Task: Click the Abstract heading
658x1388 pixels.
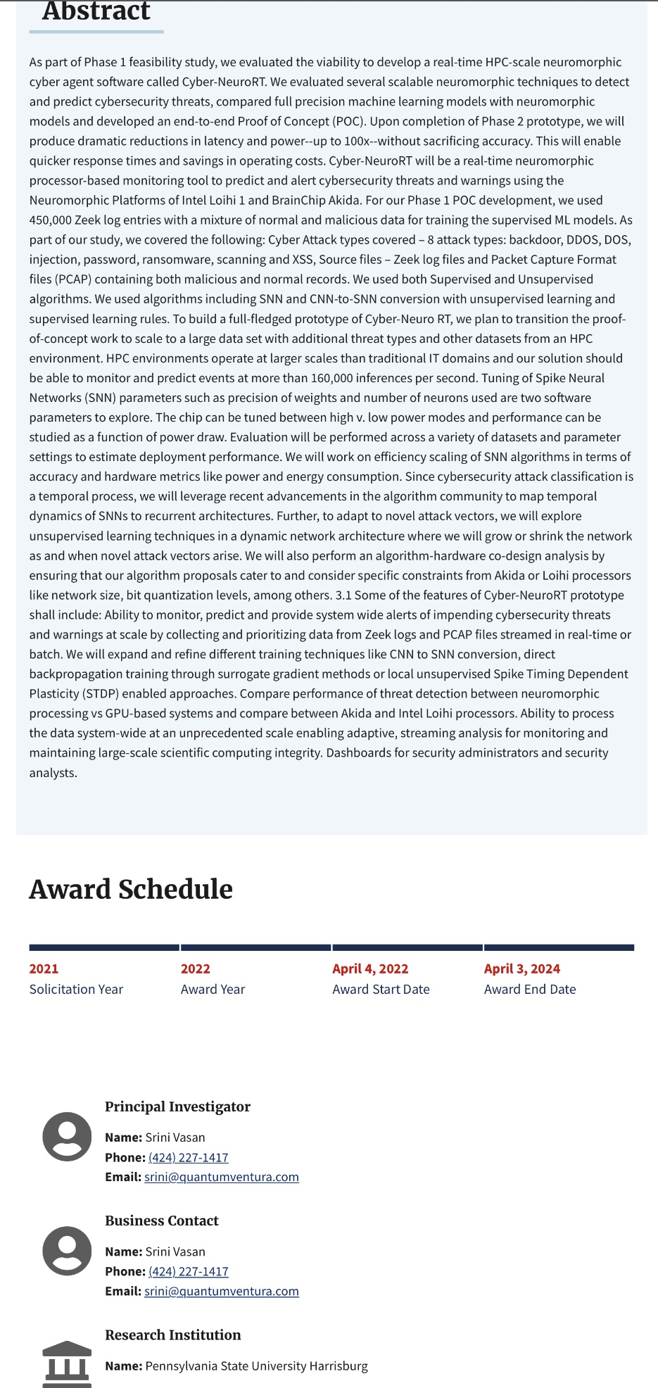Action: (96, 11)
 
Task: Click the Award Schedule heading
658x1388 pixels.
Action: (131, 890)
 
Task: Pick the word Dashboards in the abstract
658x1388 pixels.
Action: (358, 752)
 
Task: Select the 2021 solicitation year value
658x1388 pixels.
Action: (44, 969)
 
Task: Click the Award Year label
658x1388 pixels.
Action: (213, 989)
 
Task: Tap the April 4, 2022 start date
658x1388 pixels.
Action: (370, 969)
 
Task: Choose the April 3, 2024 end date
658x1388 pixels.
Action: (521, 969)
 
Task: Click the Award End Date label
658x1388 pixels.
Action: (530, 989)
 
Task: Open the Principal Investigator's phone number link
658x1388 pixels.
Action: (189, 1157)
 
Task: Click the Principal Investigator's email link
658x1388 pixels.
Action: (222, 1177)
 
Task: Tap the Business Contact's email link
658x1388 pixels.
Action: (222, 1291)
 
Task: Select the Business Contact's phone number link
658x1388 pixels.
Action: (189, 1271)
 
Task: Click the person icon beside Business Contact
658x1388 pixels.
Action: (67, 1251)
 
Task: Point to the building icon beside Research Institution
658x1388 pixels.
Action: (67, 1363)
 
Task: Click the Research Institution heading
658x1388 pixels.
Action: (173, 1335)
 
